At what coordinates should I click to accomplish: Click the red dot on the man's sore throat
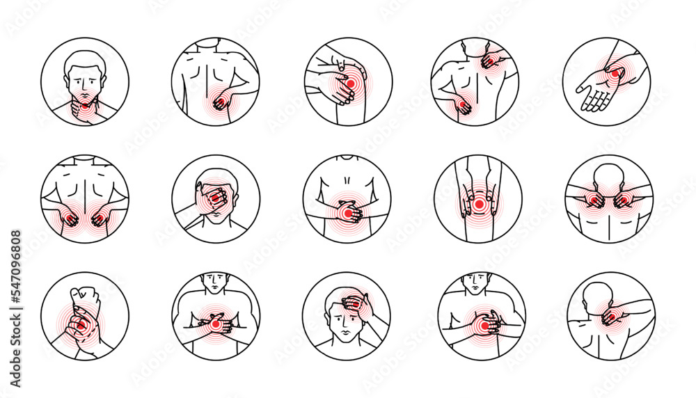pyautogui.click(x=85, y=106)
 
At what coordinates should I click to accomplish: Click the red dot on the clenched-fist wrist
pyautogui.click(x=81, y=324)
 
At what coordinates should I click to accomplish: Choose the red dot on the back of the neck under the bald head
pyautogui.click(x=610, y=317)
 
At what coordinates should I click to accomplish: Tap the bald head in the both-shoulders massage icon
pyautogui.click(x=609, y=176)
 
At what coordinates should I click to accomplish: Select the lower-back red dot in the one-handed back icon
pyautogui.click(x=220, y=104)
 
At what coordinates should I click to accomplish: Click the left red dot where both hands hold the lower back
pyautogui.click(x=70, y=219)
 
